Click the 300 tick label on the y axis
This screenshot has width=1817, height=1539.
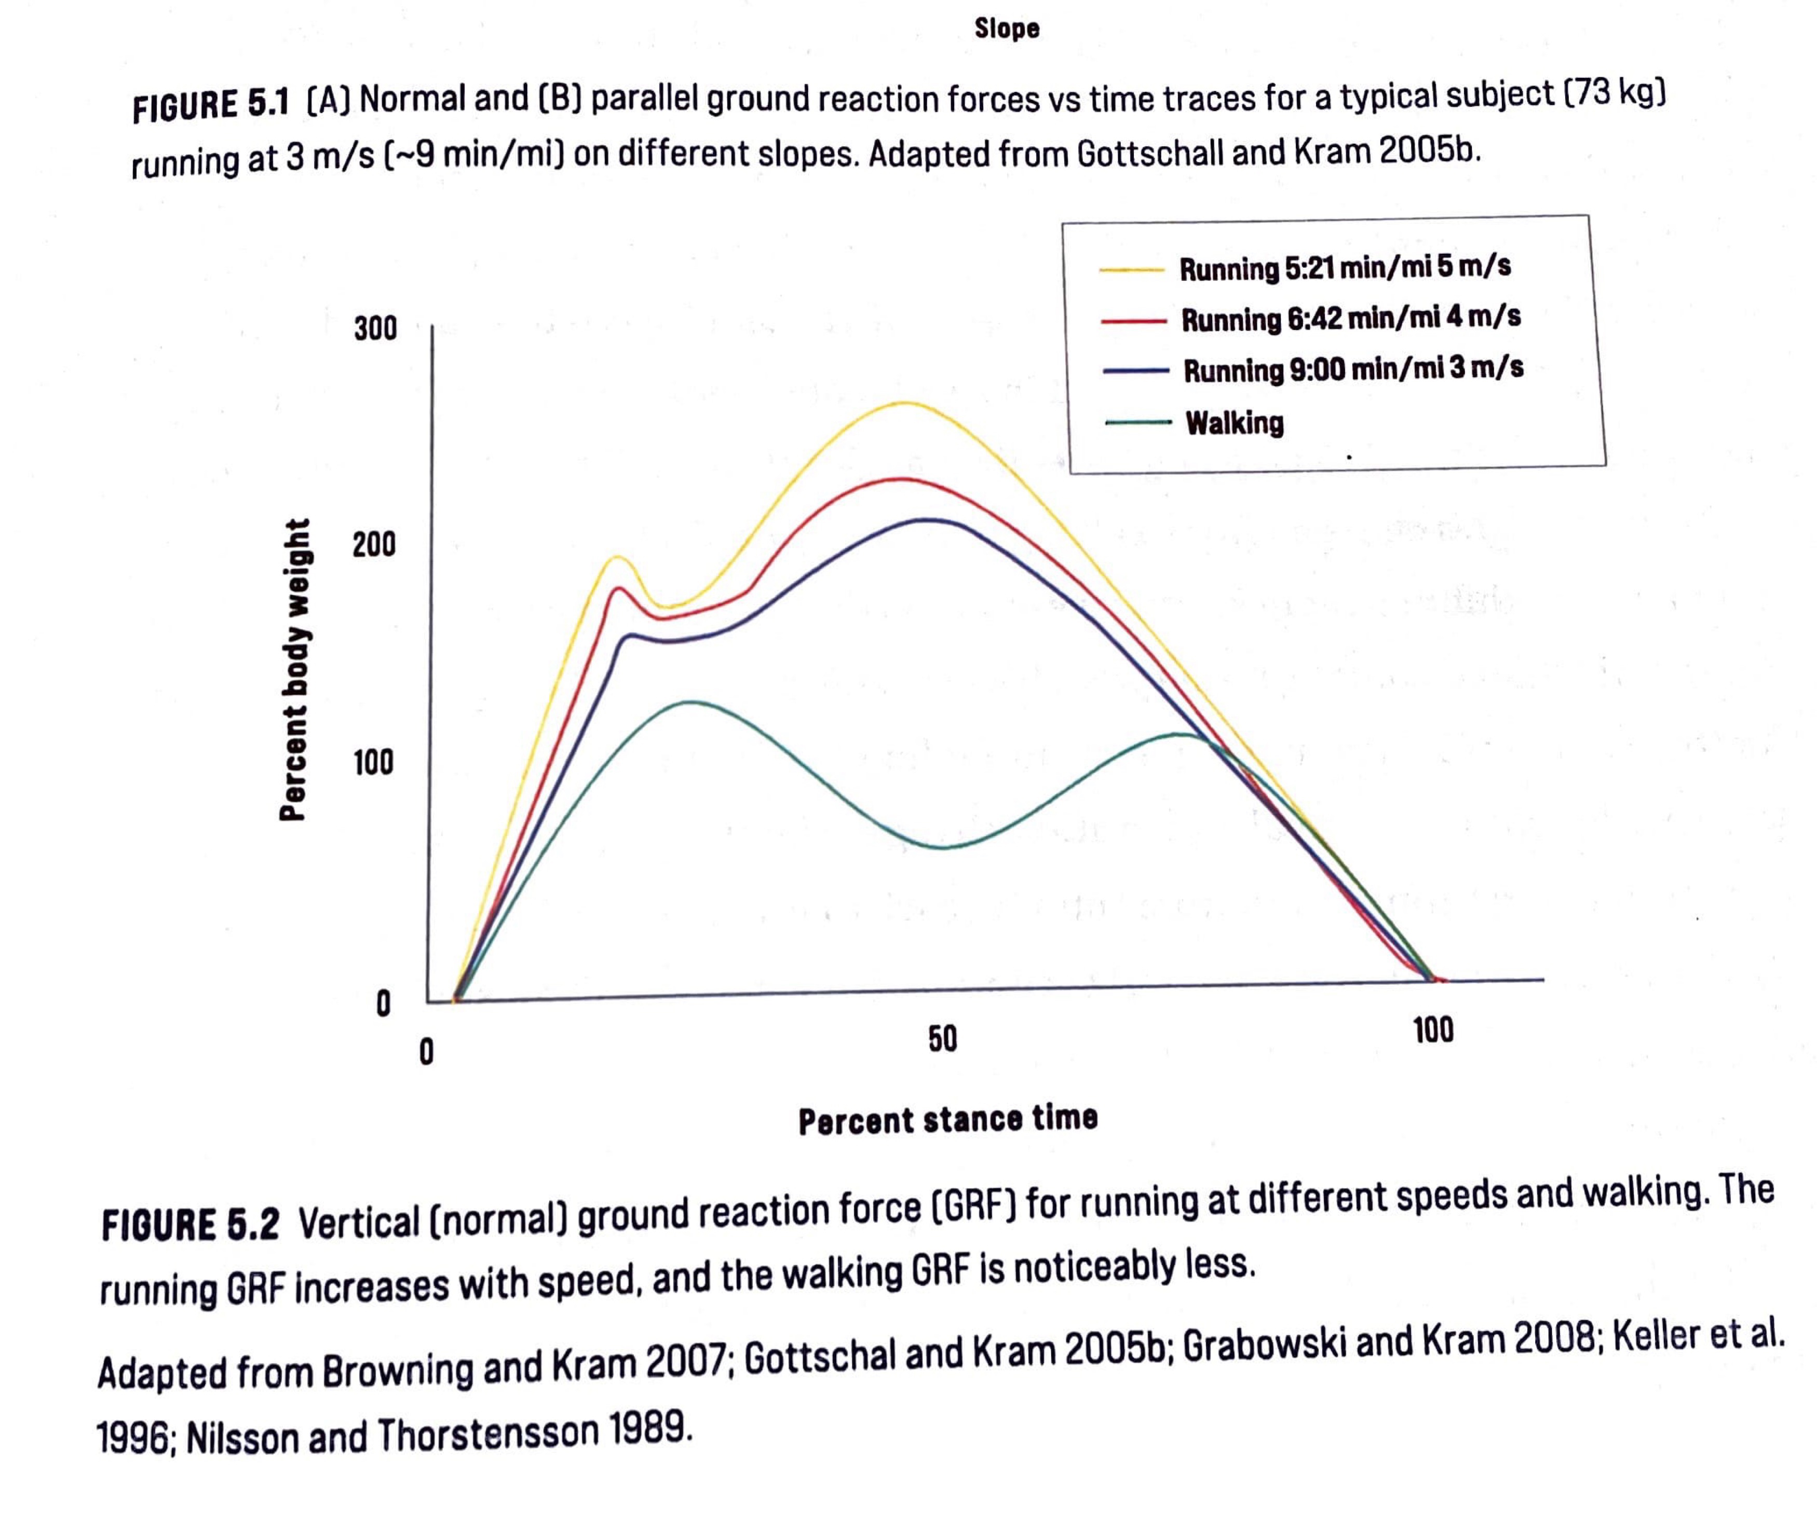coord(375,329)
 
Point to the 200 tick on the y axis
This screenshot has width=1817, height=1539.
coord(374,544)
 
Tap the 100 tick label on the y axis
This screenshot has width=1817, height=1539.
coord(374,763)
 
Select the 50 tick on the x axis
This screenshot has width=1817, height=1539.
coord(943,1038)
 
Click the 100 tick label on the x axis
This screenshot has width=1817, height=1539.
coord(1433,1030)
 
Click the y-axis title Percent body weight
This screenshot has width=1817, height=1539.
coord(294,669)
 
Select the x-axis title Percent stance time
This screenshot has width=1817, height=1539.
coord(948,1119)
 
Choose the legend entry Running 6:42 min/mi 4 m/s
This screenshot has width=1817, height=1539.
coord(1350,318)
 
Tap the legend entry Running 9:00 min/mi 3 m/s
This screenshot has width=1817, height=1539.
coord(1353,369)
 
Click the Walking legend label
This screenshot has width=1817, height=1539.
coord(1234,423)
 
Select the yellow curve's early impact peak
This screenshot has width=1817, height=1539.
coord(617,557)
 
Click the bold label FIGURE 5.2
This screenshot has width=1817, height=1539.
coord(190,1224)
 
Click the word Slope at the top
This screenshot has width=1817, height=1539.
coord(1006,29)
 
